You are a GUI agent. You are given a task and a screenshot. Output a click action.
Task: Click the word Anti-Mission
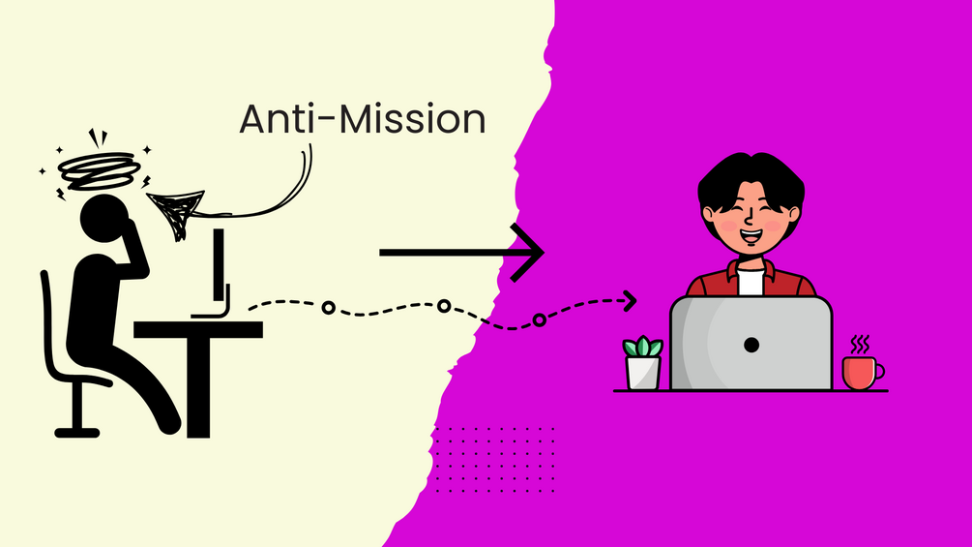[x=362, y=119]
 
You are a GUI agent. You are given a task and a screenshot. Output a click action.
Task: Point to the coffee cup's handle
[x=879, y=371]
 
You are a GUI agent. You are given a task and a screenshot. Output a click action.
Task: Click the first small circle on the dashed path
[x=328, y=308]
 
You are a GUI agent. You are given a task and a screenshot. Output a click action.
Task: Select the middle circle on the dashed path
[x=443, y=306]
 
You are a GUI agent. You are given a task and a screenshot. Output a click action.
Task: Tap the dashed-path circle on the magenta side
[x=539, y=320]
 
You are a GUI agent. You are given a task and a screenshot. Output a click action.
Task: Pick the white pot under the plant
[x=643, y=373]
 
